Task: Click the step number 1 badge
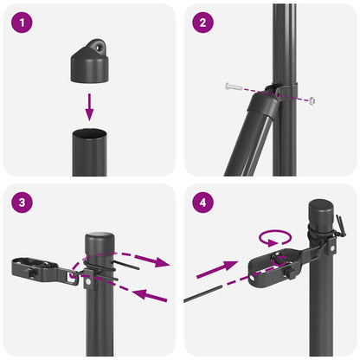(x=22, y=22)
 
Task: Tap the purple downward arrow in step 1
(x=89, y=107)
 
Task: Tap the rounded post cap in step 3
(x=100, y=240)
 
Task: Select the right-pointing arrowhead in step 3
(x=160, y=260)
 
